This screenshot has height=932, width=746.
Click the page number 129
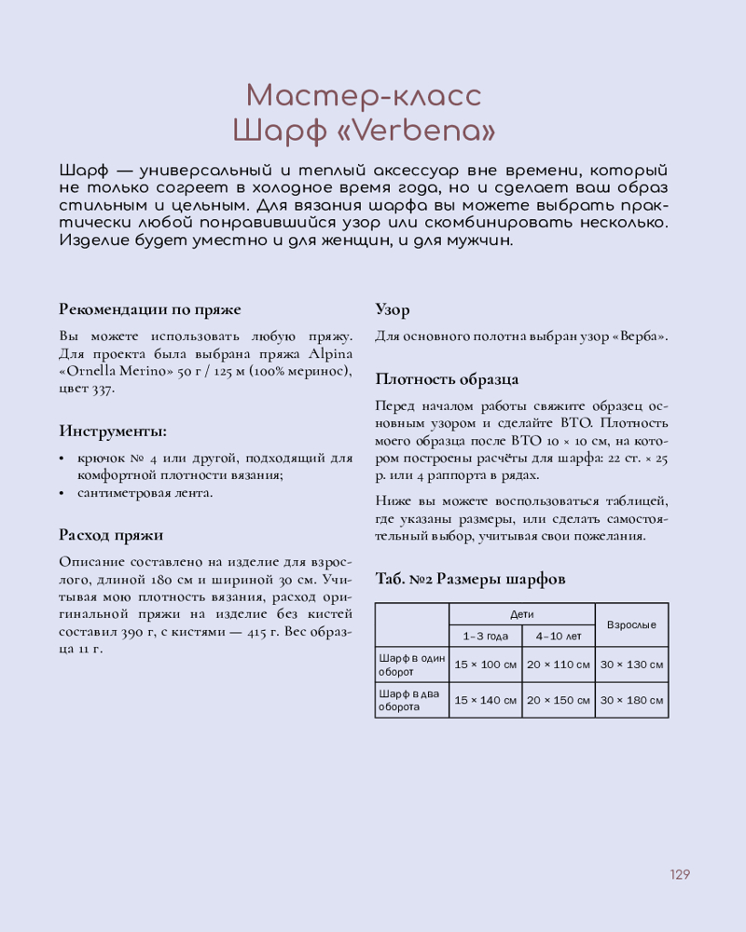[x=679, y=874]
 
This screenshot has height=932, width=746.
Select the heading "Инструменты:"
[x=114, y=431]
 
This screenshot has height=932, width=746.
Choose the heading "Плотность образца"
[x=447, y=379]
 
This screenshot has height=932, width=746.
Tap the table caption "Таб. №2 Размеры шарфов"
[x=470, y=579]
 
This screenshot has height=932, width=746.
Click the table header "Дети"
[x=521, y=615]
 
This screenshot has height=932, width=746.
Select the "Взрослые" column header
[x=631, y=625]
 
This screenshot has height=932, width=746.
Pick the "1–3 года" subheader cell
[x=485, y=637]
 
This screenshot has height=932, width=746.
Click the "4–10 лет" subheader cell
[x=558, y=637]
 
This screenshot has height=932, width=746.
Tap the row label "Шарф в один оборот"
[x=411, y=665]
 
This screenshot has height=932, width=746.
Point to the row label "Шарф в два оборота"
[x=411, y=700]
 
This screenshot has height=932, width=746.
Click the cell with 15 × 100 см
[x=485, y=665]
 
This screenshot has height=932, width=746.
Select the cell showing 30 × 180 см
[x=631, y=700]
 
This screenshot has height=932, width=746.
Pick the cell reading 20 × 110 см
[x=558, y=665]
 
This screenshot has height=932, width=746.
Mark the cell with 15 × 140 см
[x=485, y=700]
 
